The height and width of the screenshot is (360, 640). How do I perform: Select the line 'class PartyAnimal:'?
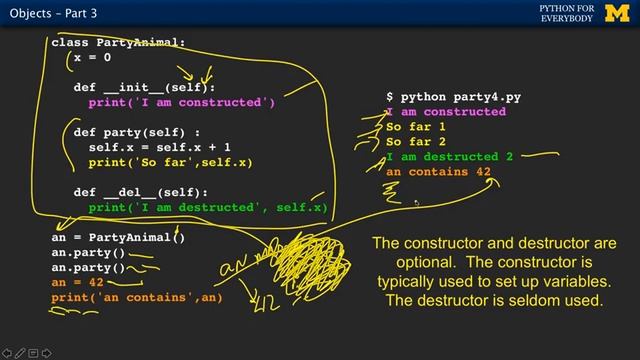point(119,43)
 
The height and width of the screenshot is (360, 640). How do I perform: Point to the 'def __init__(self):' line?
point(144,87)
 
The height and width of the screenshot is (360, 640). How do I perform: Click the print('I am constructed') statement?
point(181,102)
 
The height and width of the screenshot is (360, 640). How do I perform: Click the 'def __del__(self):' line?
point(140,192)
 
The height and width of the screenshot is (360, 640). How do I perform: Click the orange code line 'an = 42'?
point(77,283)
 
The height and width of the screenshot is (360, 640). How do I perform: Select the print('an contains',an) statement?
point(135,298)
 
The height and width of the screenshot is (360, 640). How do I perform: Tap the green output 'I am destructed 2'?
point(449,157)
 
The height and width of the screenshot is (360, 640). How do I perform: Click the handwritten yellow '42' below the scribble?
point(268,300)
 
